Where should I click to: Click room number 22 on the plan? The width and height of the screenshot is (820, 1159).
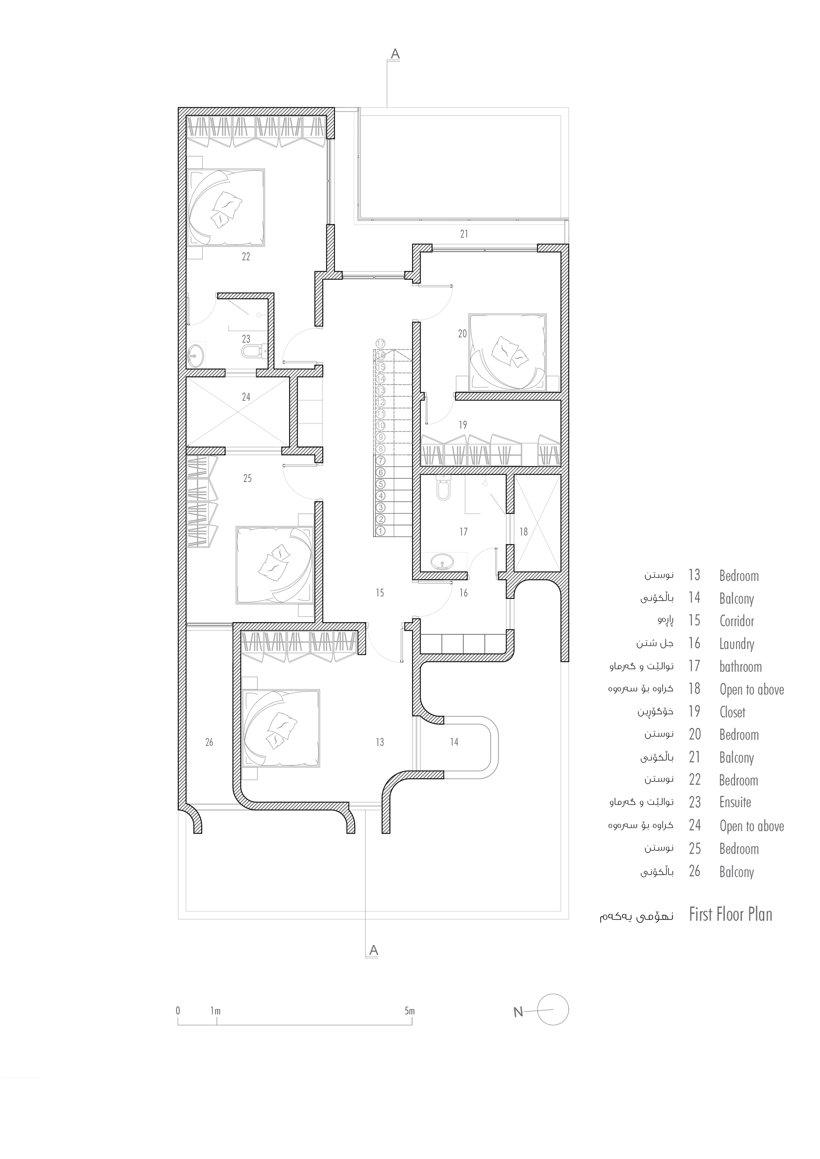pyautogui.click(x=246, y=257)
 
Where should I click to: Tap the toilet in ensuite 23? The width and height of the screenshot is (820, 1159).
pyautogui.click(x=251, y=351)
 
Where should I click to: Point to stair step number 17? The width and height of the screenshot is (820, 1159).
pyautogui.click(x=380, y=344)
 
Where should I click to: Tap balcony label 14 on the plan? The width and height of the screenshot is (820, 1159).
pyautogui.click(x=454, y=742)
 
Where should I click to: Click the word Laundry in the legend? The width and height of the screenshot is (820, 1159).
pyautogui.click(x=737, y=644)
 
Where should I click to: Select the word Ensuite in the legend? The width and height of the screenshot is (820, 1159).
pyautogui.click(x=735, y=802)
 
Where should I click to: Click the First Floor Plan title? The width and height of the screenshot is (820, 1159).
pyautogui.click(x=730, y=914)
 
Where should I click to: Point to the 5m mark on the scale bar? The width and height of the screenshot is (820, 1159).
pyautogui.click(x=410, y=1011)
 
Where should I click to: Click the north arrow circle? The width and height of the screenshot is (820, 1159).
pyautogui.click(x=553, y=1009)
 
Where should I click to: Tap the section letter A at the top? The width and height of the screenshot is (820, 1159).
pyautogui.click(x=395, y=54)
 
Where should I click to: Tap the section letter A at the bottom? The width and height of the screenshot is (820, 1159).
pyautogui.click(x=374, y=950)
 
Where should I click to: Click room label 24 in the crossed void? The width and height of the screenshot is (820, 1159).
pyautogui.click(x=246, y=397)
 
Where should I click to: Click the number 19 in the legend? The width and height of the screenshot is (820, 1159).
pyautogui.click(x=694, y=712)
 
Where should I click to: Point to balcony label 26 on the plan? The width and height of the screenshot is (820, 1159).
pyautogui.click(x=209, y=742)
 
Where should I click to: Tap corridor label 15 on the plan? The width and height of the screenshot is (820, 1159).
pyautogui.click(x=380, y=593)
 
